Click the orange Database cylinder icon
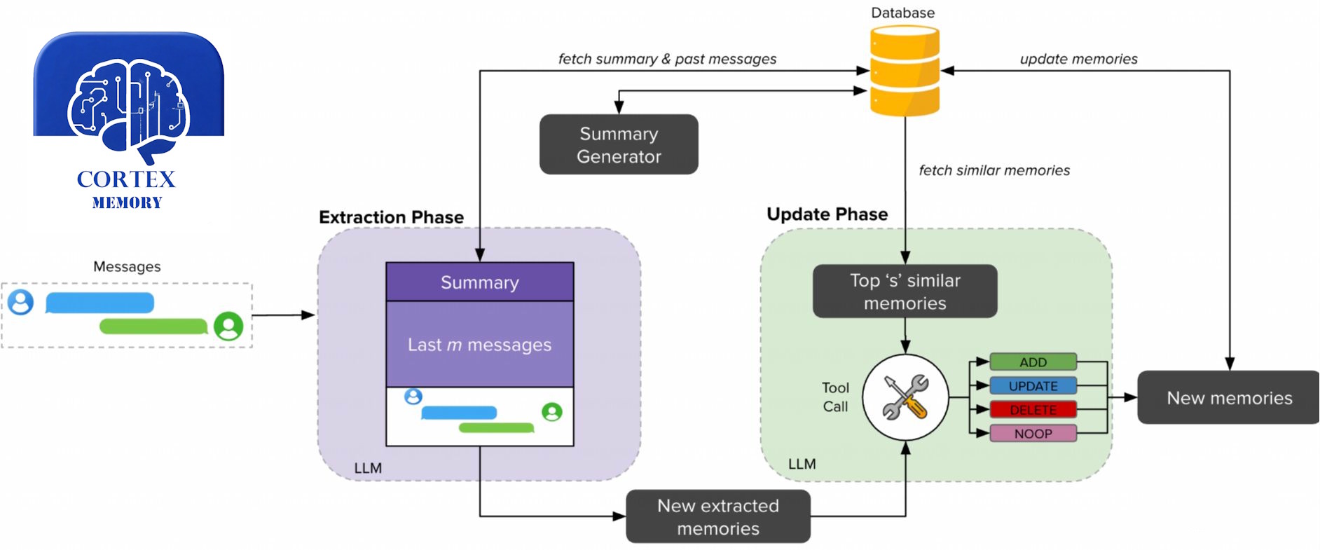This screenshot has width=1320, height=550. coord(905,70)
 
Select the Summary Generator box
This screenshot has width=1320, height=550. coord(619,144)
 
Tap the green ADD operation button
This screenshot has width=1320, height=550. coord(1033,362)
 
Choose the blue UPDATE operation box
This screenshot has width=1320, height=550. coord(1033,386)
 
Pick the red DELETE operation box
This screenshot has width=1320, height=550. coord(1033,410)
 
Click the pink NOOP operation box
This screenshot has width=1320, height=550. coord(1033,434)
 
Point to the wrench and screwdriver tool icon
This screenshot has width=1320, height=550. coord(905,397)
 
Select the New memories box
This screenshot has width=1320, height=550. coord(1229,397)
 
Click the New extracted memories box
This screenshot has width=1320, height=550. coord(718,517)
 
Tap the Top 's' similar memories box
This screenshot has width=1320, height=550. coord(905,291)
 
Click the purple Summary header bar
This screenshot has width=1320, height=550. coord(480,282)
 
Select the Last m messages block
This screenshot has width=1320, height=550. coord(480,345)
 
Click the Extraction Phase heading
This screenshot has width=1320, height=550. coord(391,217)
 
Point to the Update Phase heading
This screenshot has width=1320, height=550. coord(827,214)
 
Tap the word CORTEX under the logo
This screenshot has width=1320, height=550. coord(126,179)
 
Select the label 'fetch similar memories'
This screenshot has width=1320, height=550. coord(994,170)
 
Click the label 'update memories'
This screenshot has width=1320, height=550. coord(1078,60)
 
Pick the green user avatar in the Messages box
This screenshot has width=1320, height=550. coord(228,326)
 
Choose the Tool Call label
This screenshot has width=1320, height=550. coord(835,397)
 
